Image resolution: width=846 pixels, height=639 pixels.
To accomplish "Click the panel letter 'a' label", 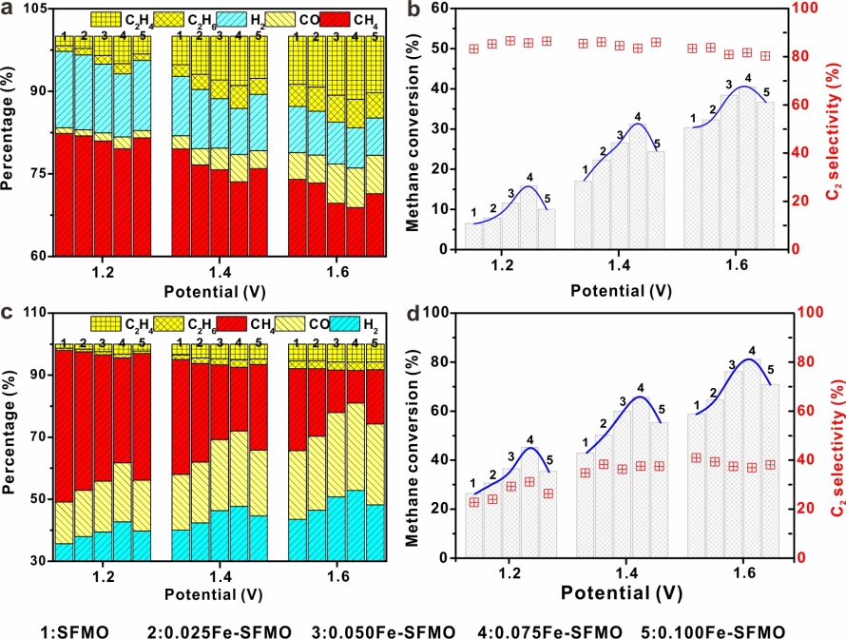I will click(x=8, y=9).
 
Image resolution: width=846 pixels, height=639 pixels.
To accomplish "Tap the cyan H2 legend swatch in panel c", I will click(x=329, y=324).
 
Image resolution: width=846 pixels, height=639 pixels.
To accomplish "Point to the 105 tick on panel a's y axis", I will click(x=32, y=9).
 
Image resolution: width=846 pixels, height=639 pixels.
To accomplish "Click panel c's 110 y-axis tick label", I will click(x=32, y=313).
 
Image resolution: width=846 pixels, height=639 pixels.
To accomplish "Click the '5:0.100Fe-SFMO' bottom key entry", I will click(x=733, y=630).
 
